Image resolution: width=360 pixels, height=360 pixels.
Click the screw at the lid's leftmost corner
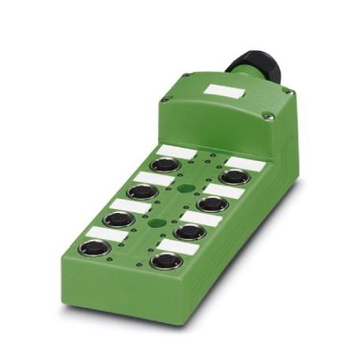click(x=166, y=100)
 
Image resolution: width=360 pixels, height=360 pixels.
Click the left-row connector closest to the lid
click(x=164, y=166)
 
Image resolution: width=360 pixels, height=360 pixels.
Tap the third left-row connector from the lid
click(x=118, y=219)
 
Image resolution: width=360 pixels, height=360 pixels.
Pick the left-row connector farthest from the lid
click(x=91, y=249)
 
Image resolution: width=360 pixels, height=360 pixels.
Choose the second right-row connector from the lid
click(x=212, y=204)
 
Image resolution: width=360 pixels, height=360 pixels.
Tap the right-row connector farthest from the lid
click(x=167, y=260)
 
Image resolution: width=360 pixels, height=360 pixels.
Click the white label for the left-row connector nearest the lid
click(x=175, y=151)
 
